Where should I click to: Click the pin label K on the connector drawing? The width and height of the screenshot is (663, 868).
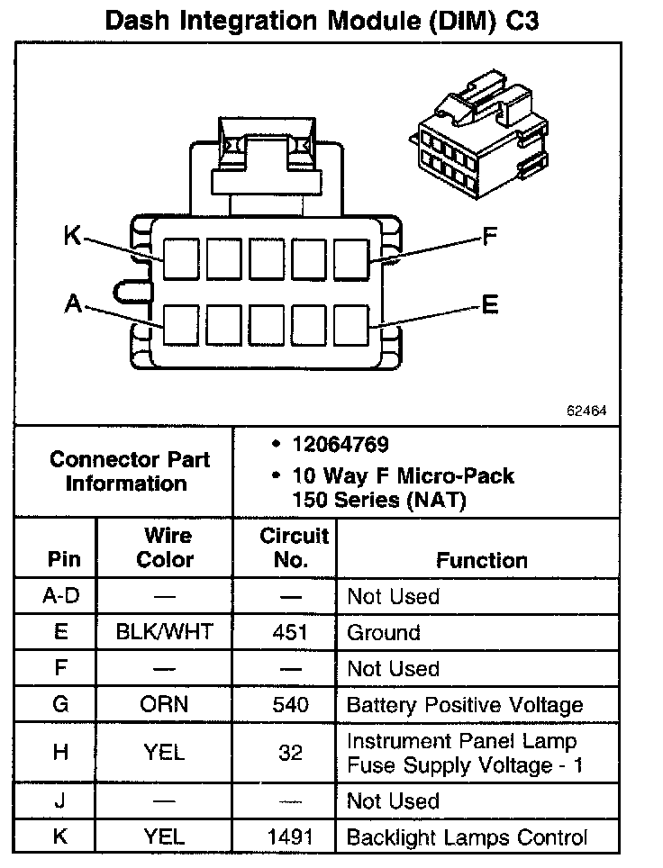(x=73, y=236)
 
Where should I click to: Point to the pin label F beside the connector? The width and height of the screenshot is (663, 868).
(x=489, y=237)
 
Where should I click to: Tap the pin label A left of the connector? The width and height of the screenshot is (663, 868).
(x=73, y=305)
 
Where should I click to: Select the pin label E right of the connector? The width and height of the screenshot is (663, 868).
(x=489, y=305)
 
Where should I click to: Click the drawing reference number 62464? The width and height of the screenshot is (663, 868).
(x=586, y=410)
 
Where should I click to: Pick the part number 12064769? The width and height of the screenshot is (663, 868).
(x=341, y=445)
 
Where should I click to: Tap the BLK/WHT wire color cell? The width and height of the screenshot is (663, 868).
(x=165, y=632)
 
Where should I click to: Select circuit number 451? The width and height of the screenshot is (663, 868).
(x=290, y=632)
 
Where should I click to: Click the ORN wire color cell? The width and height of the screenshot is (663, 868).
(x=165, y=704)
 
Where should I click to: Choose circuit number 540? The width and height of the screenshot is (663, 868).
(x=290, y=704)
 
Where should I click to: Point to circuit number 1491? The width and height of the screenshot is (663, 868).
(x=290, y=836)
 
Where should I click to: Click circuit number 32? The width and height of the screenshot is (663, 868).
(x=290, y=753)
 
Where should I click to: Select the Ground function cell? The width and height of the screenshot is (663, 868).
(x=384, y=632)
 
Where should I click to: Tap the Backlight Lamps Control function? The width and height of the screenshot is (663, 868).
(x=467, y=836)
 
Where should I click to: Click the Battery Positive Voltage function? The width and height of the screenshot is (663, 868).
(x=465, y=704)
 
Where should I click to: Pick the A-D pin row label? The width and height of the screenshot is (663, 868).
(x=60, y=596)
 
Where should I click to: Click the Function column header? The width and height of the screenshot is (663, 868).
(x=482, y=560)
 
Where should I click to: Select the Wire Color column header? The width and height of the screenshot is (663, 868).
(x=165, y=547)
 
